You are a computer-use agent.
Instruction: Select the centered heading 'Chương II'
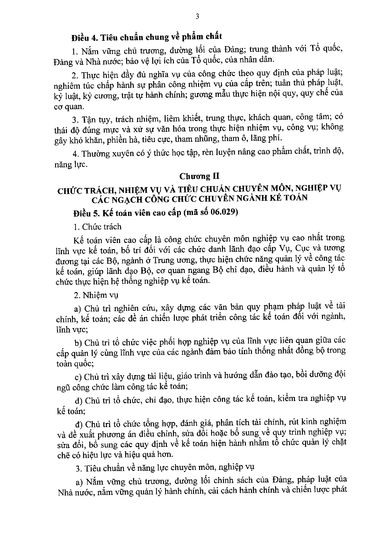click(199, 176)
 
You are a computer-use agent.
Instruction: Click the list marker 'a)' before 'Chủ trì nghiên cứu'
click(78, 309)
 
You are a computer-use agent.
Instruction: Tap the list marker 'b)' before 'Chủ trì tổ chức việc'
click(78, 343)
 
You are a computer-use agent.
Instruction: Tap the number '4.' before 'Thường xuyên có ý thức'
click(76, 154)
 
